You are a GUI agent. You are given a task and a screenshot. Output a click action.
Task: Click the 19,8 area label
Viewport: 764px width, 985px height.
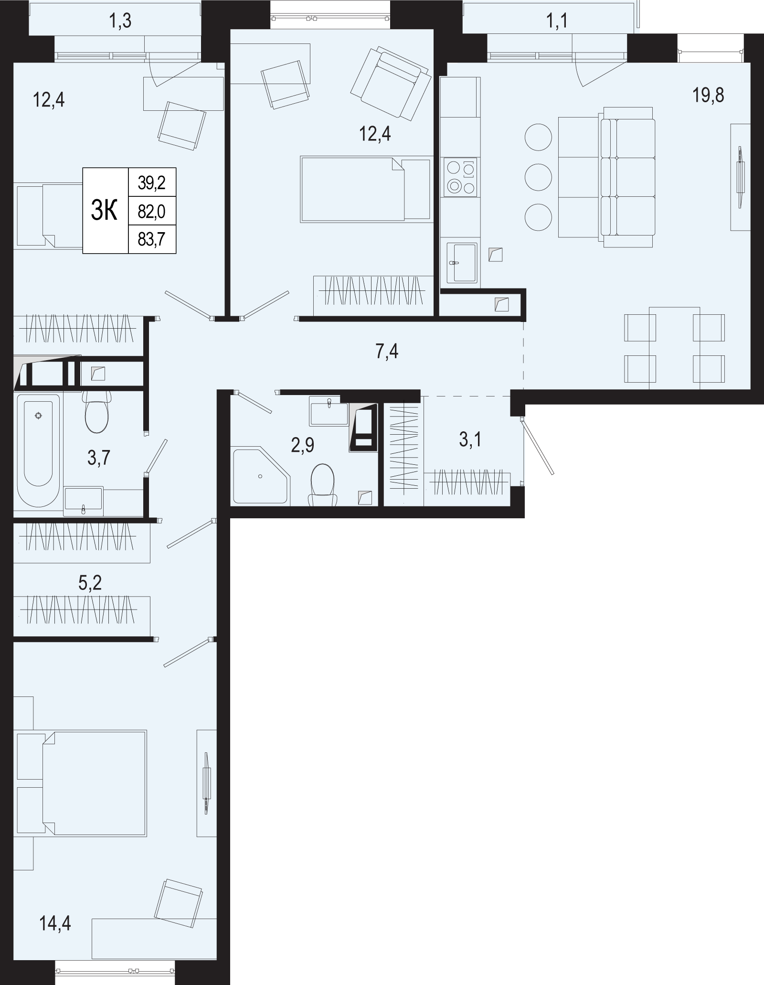708,96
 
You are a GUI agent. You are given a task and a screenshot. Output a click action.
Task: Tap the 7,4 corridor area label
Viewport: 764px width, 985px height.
387,352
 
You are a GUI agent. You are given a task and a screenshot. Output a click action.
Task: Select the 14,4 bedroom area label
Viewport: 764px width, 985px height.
55,924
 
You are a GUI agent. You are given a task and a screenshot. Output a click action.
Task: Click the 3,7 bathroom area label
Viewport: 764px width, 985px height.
99,458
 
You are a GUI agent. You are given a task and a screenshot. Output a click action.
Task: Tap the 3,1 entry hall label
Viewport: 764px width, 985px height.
470,439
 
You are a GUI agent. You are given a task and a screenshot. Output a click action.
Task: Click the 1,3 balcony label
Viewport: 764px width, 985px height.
120,21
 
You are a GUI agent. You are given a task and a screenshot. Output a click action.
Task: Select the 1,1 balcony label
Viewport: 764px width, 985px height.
557,21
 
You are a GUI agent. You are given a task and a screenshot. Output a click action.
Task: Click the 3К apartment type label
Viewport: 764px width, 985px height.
104,211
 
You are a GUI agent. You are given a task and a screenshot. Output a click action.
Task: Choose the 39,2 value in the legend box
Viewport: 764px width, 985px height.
151,182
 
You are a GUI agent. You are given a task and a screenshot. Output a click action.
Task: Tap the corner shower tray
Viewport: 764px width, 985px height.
261,476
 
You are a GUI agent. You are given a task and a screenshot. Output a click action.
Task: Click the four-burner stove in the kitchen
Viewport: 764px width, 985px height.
461,177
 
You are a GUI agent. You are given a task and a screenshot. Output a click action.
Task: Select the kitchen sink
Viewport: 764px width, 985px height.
462,263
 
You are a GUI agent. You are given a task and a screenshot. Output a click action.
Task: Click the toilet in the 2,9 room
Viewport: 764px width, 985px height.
323,484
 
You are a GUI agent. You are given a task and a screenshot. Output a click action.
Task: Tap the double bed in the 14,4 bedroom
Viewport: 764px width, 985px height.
81,783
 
